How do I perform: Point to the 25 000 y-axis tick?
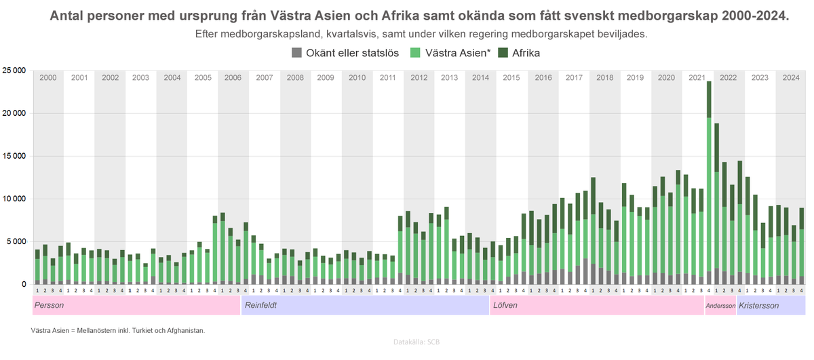[14, 71]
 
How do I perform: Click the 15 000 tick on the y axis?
[14, 156]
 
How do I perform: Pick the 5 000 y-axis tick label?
[16, 241]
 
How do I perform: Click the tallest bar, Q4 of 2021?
[709, 183]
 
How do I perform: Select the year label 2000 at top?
[48, 78]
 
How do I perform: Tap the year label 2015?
[511, 78]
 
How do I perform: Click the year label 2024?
[790, 78]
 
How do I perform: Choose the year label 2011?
[388, 78]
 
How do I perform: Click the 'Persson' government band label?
[49, 306]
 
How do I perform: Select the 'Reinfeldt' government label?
[260, 306]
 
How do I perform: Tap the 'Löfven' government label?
[506, 306]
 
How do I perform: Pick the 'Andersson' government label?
[720, 306]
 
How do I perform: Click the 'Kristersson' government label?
[758, 306]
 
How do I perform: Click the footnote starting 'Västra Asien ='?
[117, 331]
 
